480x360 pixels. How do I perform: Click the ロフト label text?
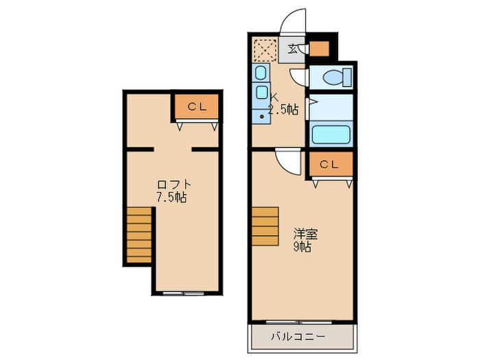(x=173, y=184)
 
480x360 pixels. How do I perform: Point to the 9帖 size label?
(x=303, y=247)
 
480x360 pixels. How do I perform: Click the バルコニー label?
(x=298, y=337)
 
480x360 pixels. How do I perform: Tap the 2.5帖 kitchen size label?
(x=283, y=109)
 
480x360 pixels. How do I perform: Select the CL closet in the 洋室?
(x=329, y=165)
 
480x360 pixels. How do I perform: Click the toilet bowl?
(x=334, y=77)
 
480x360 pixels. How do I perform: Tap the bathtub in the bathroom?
(x=332, y=134)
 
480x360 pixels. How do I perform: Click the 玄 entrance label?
(x=293, y=49)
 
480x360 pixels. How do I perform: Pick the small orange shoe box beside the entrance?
(x=318, y=49)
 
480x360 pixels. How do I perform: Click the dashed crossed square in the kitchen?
(x=264, y=50)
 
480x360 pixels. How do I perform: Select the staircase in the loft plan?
(x=139, y=235)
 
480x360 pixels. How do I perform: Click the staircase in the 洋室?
(x=265, y=226)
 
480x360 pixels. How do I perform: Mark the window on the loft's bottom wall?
(x=183, y=293)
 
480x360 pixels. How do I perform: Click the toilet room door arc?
(x=298, y=77)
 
